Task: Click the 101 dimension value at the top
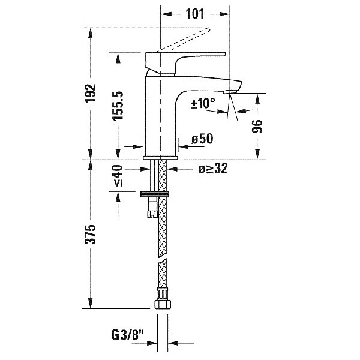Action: point(195,14)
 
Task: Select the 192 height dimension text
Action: point(90,93)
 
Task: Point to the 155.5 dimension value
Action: point(118,106)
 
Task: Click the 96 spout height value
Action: point(257,126)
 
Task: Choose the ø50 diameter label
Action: point(203,139)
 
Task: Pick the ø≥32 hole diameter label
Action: point(213,169)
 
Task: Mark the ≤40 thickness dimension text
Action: point(118,175)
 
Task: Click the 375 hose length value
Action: point(90,234)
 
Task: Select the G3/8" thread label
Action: point(128,335)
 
